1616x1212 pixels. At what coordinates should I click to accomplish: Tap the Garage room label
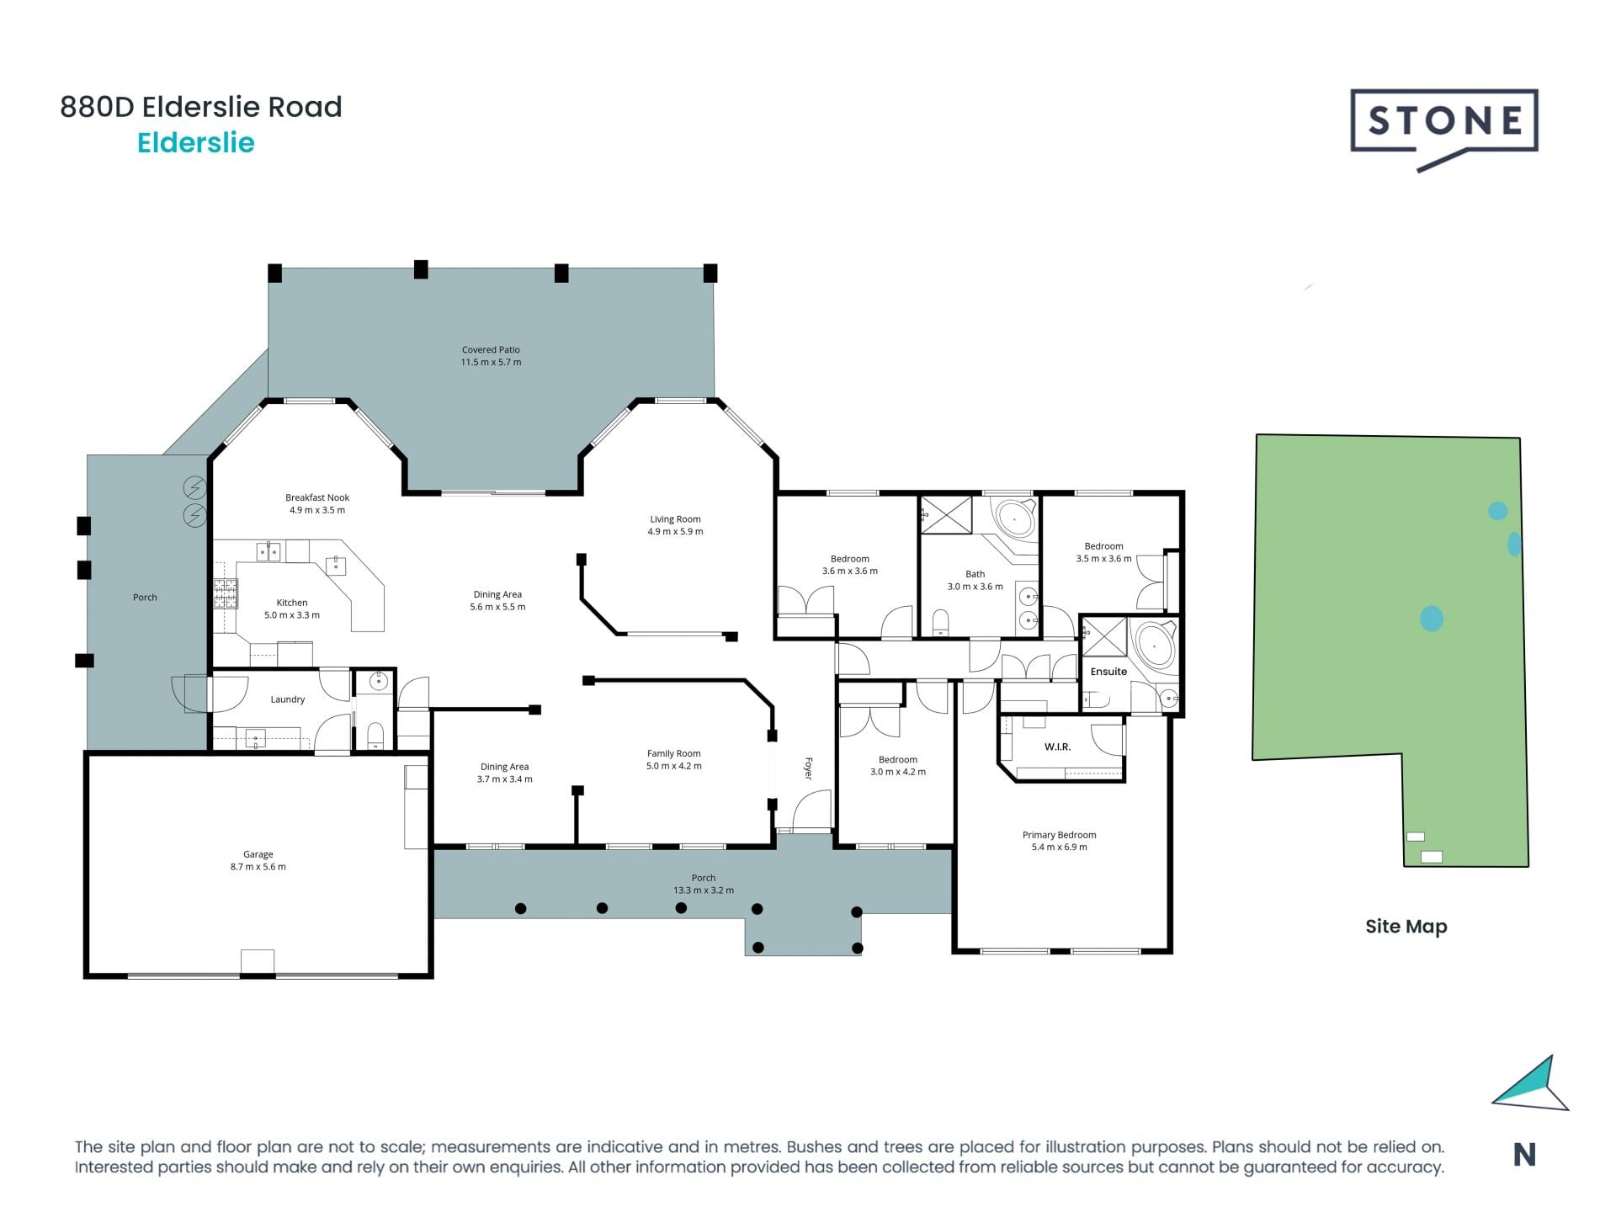click(x=258, y=860)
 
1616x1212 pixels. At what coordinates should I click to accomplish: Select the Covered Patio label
click(x=491, y=356)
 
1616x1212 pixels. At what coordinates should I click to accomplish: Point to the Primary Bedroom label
click(x=1059, y=841)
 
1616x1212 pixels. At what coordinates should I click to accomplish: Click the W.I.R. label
click(x=1057, y=747)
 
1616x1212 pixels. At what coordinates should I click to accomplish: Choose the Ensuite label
click(x=1108, y=672)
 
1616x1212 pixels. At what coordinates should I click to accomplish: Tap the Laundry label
click(x=288, y=699)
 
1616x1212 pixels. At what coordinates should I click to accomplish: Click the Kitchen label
click(x=292, y=609)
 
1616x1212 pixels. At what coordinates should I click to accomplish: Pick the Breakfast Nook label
click(x=317, y=503)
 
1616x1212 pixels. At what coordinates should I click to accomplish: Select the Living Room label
click(x=675, y=525)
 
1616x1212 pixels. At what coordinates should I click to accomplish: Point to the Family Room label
click(x=674, y=759)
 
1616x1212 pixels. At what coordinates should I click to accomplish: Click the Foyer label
click(x=808, y=768)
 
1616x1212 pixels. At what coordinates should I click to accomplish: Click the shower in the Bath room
click(x=946, y=514)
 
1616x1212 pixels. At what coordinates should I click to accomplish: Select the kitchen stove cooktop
click(x=225, y=593)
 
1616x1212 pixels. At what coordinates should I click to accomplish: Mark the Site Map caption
click(x=1406, y=927)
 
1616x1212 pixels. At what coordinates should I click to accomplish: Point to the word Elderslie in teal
click(x=196, y=143)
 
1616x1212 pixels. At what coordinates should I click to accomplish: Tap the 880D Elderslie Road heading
click(x=201, y=107)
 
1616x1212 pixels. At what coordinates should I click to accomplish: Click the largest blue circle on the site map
click(x=1431, y=619)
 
